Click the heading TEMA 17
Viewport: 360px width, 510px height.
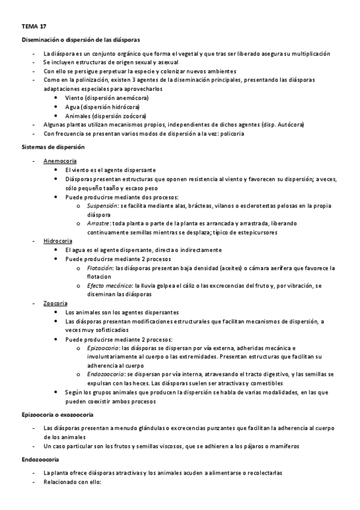pos(33,27)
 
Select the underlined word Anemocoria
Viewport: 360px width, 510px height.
pos(59,161)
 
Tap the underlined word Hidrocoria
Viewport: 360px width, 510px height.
pos(58,241)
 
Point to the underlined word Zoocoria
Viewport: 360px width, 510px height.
pos(55,303)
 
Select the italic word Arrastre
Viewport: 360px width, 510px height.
pos(98,223)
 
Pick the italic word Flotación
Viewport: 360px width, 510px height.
pos(99,267)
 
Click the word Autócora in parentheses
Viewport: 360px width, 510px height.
pos(290,124)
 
